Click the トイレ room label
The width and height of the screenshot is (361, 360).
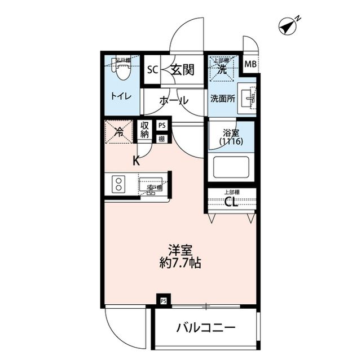click(121, 96)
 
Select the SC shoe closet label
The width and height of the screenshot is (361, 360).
click(152, 70)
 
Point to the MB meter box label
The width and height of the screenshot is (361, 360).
click(250, 64)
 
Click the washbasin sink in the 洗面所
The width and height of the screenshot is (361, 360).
click(248, 99)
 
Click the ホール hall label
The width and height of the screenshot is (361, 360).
click(174, 101)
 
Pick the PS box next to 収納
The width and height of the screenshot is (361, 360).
click(162, 126)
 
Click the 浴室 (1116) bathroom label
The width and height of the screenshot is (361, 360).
click(232, 138)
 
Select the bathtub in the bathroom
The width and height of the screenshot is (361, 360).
click(231, 167)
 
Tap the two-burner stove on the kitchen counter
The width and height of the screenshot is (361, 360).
click(120, 184)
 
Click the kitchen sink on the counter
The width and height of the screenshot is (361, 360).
click(151, 185)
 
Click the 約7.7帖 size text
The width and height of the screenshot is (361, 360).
click(180, 263)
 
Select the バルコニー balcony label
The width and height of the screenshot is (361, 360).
click(205, 328)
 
